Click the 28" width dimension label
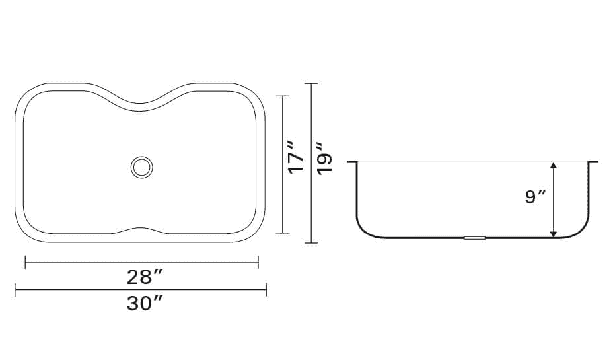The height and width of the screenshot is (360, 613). point(144,277)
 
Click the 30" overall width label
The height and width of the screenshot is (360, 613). point(144,304)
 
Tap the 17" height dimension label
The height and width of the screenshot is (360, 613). point(295,157)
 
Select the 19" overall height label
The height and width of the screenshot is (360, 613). point(324,159)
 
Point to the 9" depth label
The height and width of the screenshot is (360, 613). point(536,197)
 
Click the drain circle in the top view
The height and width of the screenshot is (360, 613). point(141,167)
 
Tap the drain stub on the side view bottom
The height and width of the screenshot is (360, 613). point(474,238)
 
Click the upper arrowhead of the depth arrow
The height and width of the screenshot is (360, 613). point(553,165)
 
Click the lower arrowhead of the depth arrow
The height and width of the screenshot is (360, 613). point(553,234)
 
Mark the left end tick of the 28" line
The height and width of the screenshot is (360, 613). point(25,262)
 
